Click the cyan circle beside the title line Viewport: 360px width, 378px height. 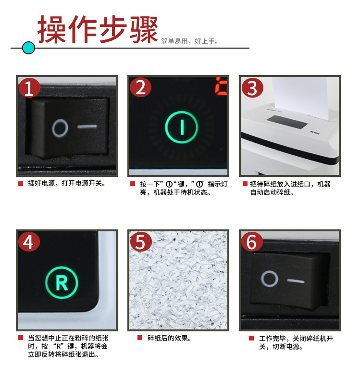(x=28, y=48)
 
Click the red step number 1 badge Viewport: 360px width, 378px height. (x=29, y=88)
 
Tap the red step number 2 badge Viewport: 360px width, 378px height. (x=140, y=87)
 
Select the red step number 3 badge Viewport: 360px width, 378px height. (x=252, y=88)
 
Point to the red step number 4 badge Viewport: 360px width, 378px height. (x=29, y=242)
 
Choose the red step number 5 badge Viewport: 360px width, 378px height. (x=141, y=242)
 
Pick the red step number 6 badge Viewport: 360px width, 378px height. (x=252, y=242)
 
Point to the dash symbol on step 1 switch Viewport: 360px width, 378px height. (x=87, y=126)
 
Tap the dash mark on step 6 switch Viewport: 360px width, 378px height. (x=296, y=281)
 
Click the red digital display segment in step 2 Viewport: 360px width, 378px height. (x=221, y=85)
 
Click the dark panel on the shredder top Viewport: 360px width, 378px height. (x=287, y=122)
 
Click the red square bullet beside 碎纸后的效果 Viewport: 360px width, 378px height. (x=140, y=338)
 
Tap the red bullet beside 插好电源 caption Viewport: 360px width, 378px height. (x=21, y=184)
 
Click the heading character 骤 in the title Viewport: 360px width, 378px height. (x=144, y=29)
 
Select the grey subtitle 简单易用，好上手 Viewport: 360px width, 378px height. (x=189, y=41)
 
